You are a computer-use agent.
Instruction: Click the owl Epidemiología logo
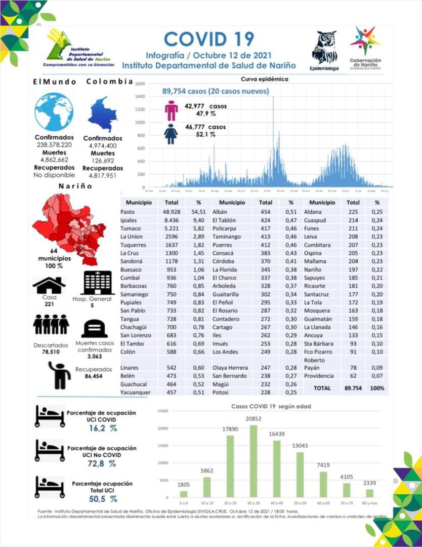click(x=324, y=48)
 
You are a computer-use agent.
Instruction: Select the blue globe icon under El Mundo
click(x=54, y=113)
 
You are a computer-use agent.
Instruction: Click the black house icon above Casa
click(x=49, y=285)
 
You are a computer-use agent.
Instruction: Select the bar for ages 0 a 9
click(x=184, y=494)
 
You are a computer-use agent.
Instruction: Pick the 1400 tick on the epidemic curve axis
click(x=140, y=96)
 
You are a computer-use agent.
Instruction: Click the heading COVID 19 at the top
click(x=209, y=38)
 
